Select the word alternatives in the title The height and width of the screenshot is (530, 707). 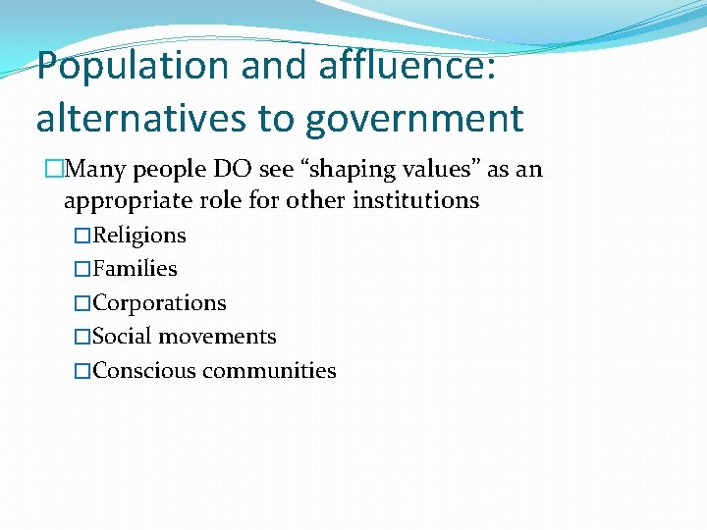pyautogui.click(x=145, y=119)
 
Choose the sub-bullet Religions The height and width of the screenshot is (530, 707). pyautogui.click(x=138, y=236)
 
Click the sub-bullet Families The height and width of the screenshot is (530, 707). pyautogui.click(x=135, y=269)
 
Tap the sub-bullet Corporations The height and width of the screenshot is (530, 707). pyautogui.click(x=159, y=303)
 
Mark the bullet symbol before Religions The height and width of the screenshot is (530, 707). pyautogui.click(x=82, y=236)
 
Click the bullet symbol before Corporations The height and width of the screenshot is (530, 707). pyautogui.click(x=82, y=303)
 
